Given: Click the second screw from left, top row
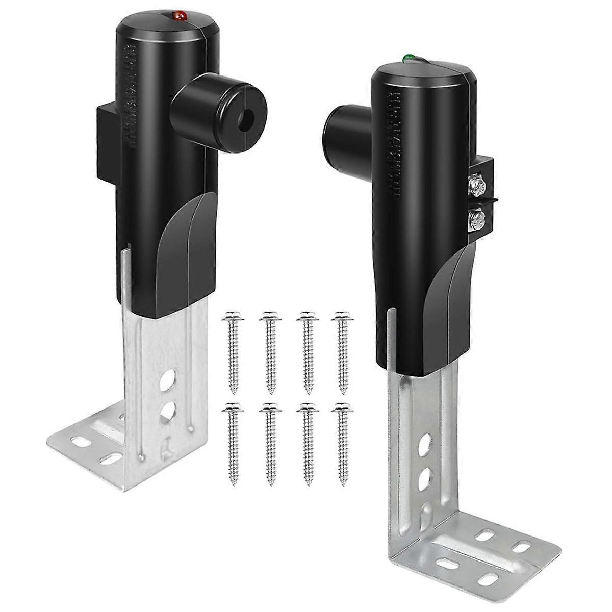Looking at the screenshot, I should tap(268, 352).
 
